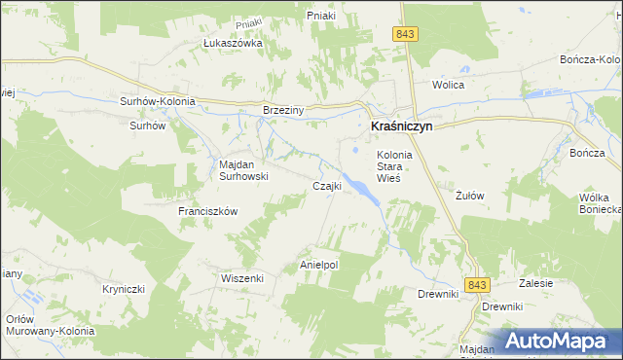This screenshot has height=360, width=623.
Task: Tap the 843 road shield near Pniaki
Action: (407, 34)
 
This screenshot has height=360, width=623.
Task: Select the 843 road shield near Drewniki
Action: (476, 284)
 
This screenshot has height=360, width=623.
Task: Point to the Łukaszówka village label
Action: (233, 44)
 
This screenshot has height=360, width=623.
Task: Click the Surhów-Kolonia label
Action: (158, 101)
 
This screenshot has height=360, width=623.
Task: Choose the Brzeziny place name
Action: (284, 111)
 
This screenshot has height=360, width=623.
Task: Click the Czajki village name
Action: (325, 186)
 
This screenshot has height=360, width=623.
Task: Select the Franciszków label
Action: (207, 211)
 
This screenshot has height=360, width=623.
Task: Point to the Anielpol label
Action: (318, 265)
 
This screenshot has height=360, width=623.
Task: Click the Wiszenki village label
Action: (242, 277)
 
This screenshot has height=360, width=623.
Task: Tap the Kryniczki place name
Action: (124, 289)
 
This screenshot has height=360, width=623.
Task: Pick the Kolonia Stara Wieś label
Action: (395, 166)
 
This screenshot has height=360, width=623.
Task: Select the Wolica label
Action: (449, 85)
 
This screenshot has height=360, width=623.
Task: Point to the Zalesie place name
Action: (536, 283)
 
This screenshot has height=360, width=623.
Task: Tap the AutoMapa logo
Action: (556, 341)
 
